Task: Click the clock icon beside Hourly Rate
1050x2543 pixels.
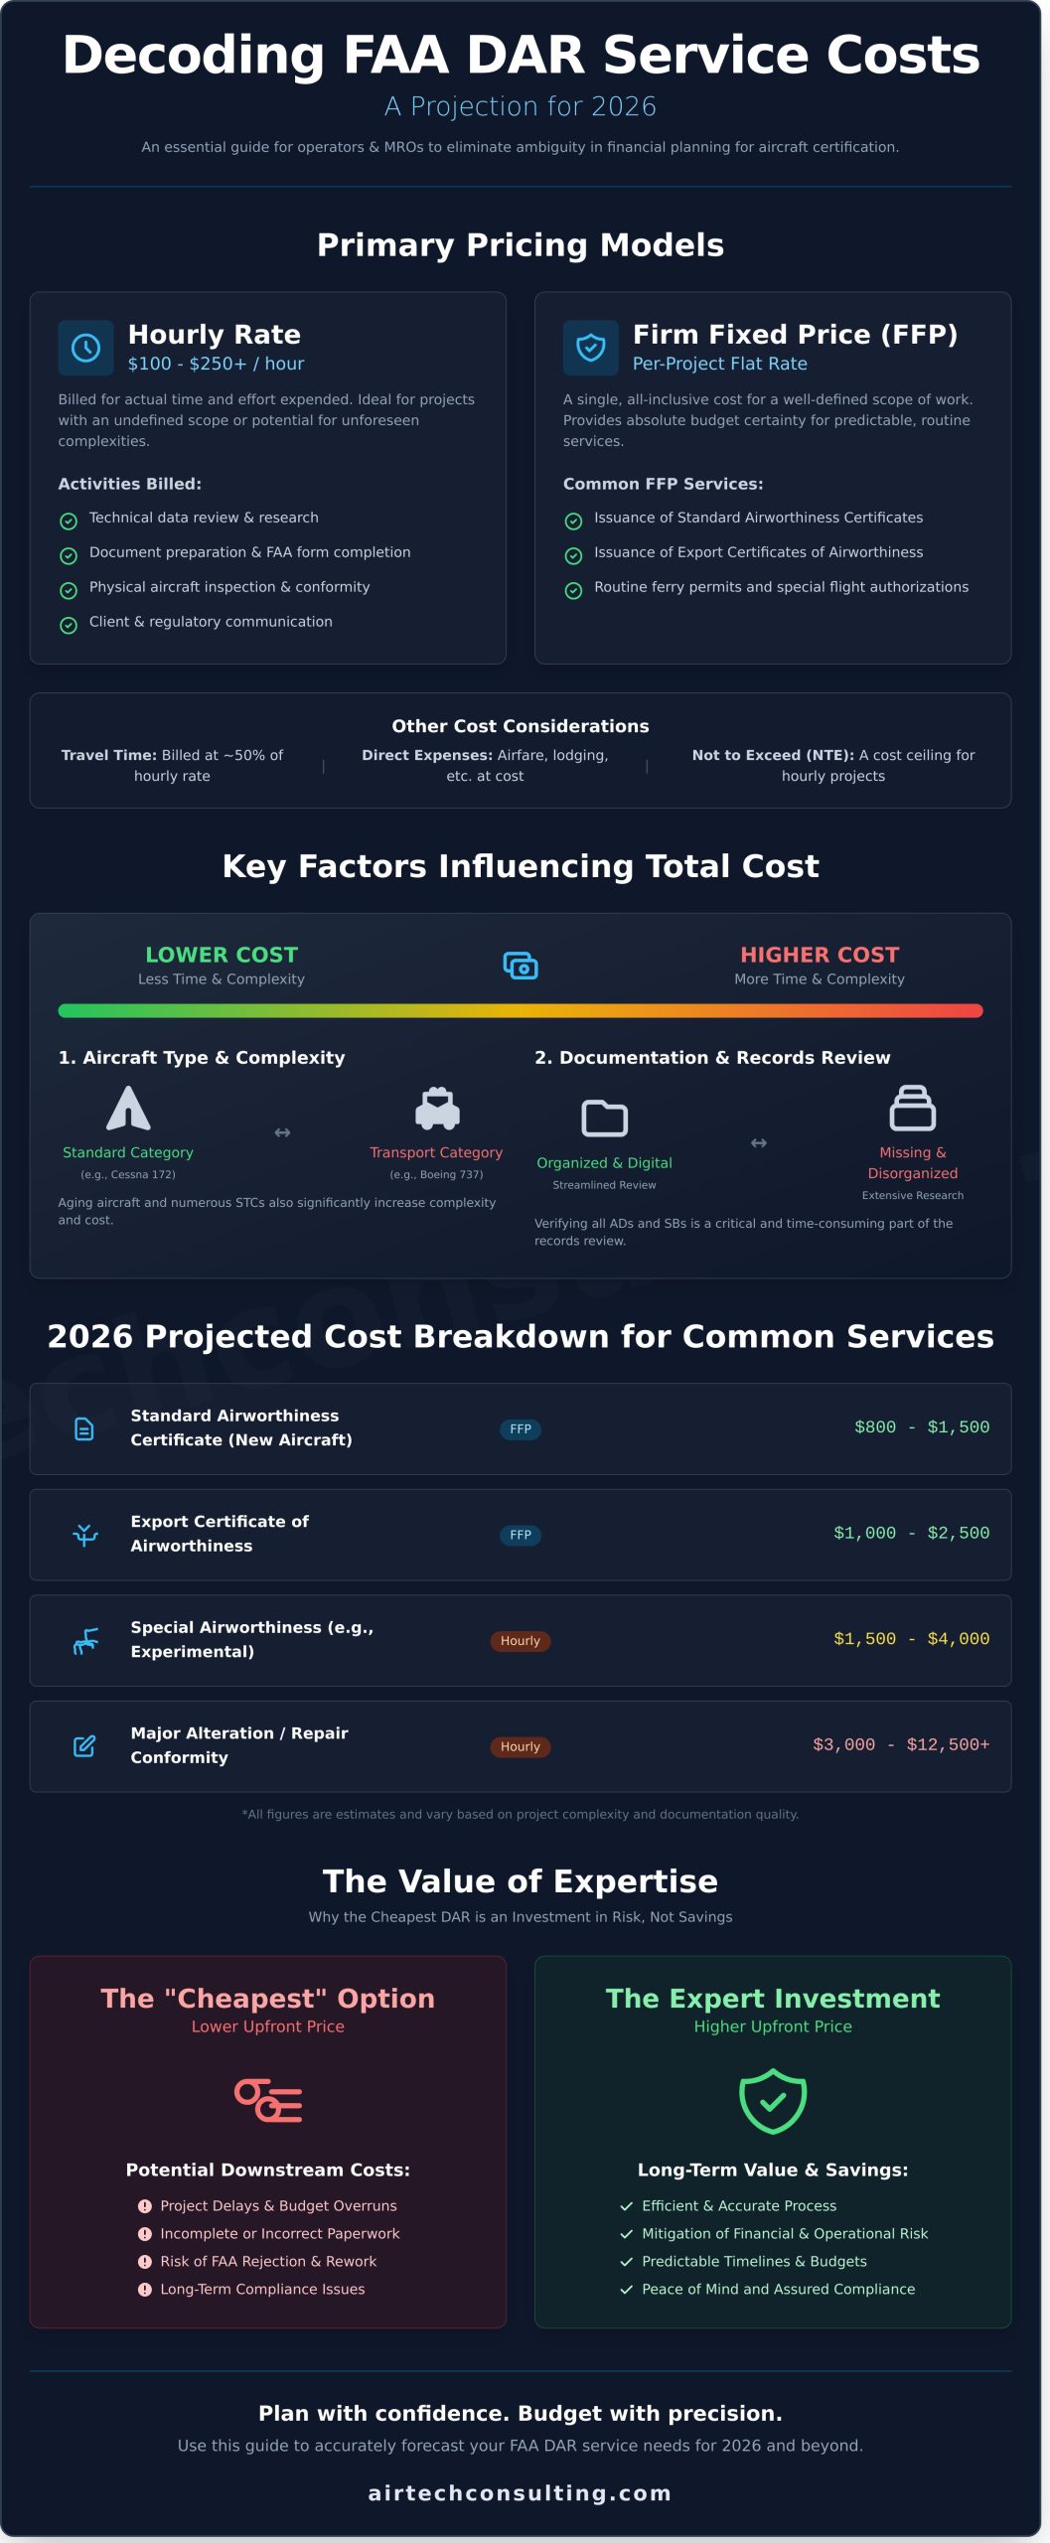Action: click(85, 348)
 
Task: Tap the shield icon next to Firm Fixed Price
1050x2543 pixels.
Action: click(591, 348)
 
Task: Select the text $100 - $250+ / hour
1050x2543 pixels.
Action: click(216, 364)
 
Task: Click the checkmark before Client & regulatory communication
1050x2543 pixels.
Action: click(69, 625)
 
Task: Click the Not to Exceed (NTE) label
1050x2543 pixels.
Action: click(772, 755)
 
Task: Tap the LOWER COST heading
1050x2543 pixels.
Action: click(222, 955)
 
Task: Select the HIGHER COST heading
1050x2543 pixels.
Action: click(820, 955)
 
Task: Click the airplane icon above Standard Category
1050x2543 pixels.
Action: click(128, 1109)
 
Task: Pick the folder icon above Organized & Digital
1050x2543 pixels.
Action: click(604, 1119)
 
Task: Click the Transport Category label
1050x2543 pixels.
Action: click(436, 1152)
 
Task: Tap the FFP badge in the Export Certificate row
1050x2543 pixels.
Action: click(521, 1535)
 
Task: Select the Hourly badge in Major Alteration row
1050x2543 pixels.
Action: click(521, 1746)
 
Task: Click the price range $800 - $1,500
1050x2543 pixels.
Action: click(921, 1427)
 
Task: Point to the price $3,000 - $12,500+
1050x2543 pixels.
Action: click(900, 1745)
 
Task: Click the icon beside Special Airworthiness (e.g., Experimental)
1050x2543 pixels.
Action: click(85, 1641)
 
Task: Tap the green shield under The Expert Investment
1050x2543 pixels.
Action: click(773, 2101)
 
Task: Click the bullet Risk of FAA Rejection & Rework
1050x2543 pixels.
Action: click(268, 2261)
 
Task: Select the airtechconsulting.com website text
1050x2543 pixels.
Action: click(520, 2492)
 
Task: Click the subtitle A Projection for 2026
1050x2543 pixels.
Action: click(520, 106)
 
